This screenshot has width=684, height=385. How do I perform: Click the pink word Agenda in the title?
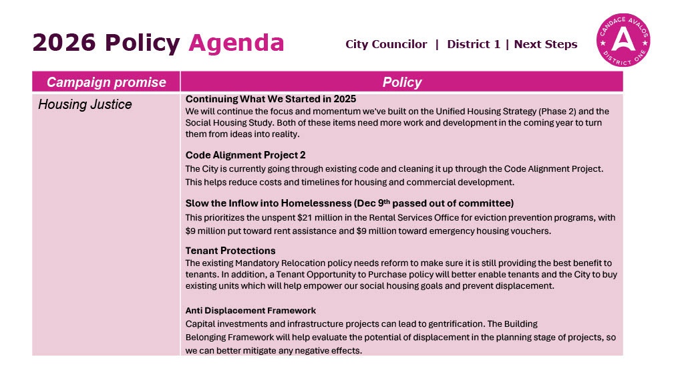236,43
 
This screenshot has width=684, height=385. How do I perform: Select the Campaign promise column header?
106,82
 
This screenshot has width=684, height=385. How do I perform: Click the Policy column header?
401,82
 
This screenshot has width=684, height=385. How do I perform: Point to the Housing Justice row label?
85,104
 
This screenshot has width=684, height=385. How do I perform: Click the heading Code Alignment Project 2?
245,155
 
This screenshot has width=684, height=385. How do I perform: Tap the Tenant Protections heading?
230,251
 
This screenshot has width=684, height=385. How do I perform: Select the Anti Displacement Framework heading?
250,310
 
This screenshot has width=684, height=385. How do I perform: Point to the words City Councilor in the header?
386,44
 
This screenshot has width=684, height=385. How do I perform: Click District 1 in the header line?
474,44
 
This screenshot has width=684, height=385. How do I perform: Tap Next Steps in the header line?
546,44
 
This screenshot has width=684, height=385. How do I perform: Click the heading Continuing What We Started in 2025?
271,99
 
